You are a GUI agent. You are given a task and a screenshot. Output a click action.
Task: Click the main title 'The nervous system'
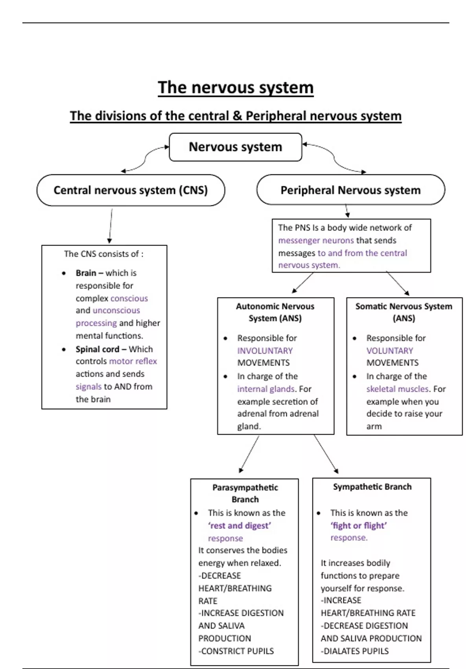(236, 87)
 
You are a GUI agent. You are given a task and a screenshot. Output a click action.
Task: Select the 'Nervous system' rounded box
(235, 147)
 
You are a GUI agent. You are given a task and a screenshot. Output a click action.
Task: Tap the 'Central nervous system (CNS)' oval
(131, 190)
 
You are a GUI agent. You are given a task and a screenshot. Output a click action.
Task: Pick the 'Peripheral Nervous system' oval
(350, 190)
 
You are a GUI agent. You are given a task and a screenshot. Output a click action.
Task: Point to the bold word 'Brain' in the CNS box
(86, 273)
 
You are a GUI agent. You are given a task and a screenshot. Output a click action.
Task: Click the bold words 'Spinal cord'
(97, 349)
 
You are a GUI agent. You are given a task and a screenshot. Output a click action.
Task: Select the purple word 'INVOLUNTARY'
(265, 351)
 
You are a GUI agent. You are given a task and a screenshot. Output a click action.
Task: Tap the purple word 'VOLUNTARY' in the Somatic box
(389, 351)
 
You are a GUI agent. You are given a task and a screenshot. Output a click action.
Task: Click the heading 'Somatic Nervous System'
(404, 306)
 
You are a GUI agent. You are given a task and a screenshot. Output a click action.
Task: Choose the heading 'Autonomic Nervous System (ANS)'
(275, 312)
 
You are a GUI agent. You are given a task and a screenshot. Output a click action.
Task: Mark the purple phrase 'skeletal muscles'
(397, 389)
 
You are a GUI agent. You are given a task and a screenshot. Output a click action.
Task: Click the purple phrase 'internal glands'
(265, 389)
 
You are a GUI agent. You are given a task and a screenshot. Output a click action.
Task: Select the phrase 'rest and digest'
(240, 525)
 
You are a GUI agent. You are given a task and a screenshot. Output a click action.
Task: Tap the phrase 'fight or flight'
(359, 525)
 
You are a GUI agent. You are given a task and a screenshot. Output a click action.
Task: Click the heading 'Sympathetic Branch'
(372, 487)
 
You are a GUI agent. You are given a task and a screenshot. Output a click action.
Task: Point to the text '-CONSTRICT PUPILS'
(236, 651)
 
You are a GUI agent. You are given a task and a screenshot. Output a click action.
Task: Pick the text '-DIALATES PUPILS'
(354, 651)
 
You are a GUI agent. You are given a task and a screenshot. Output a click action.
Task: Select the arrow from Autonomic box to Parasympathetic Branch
(249, 454)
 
